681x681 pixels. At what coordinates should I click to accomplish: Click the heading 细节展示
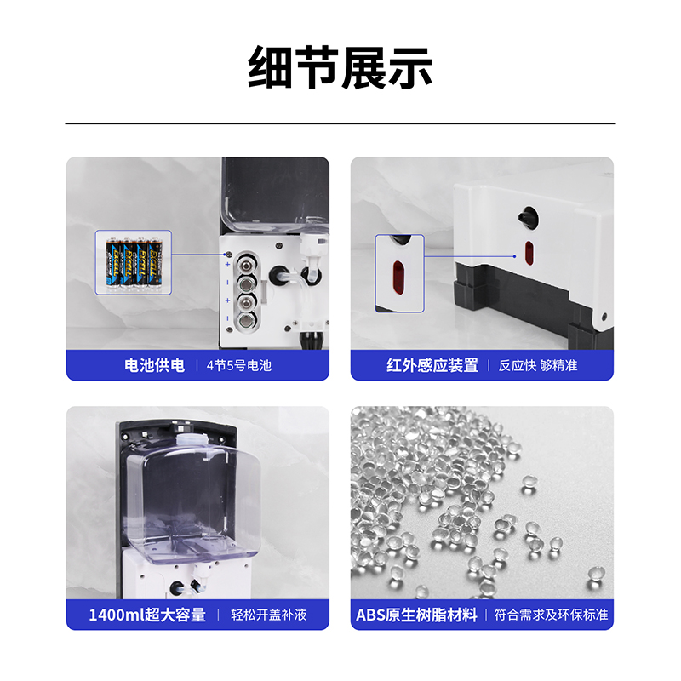pos(340,67)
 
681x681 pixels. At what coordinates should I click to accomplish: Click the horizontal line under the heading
pos(340,123)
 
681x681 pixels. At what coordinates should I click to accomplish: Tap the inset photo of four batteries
pos(134,262)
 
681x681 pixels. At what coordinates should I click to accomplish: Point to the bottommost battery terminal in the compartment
pos(246,322)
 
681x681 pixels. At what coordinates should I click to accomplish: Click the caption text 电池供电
pos(154,365)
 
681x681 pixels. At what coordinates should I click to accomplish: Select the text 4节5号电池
pos(239,366)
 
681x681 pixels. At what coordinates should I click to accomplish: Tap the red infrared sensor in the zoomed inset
pos(398,278)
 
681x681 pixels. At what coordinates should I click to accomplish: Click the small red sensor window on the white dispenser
pos(529,253)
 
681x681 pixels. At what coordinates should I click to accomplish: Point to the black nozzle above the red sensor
pos(527,216)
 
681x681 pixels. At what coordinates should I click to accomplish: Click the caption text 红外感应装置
pos(432,365)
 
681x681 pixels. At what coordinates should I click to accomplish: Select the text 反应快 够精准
pos(538,366)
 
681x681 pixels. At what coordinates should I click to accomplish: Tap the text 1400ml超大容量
pos(147,615)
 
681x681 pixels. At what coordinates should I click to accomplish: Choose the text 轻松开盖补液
pos(268,615)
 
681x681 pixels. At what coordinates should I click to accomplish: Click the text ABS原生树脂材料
pos(416,615)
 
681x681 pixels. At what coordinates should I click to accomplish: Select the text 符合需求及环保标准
pos(551,615)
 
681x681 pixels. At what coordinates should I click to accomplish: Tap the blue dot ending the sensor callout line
pos(515,256)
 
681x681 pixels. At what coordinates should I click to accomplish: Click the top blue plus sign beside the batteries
pos(227,265)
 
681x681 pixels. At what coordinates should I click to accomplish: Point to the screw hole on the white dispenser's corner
pos(604,317)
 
